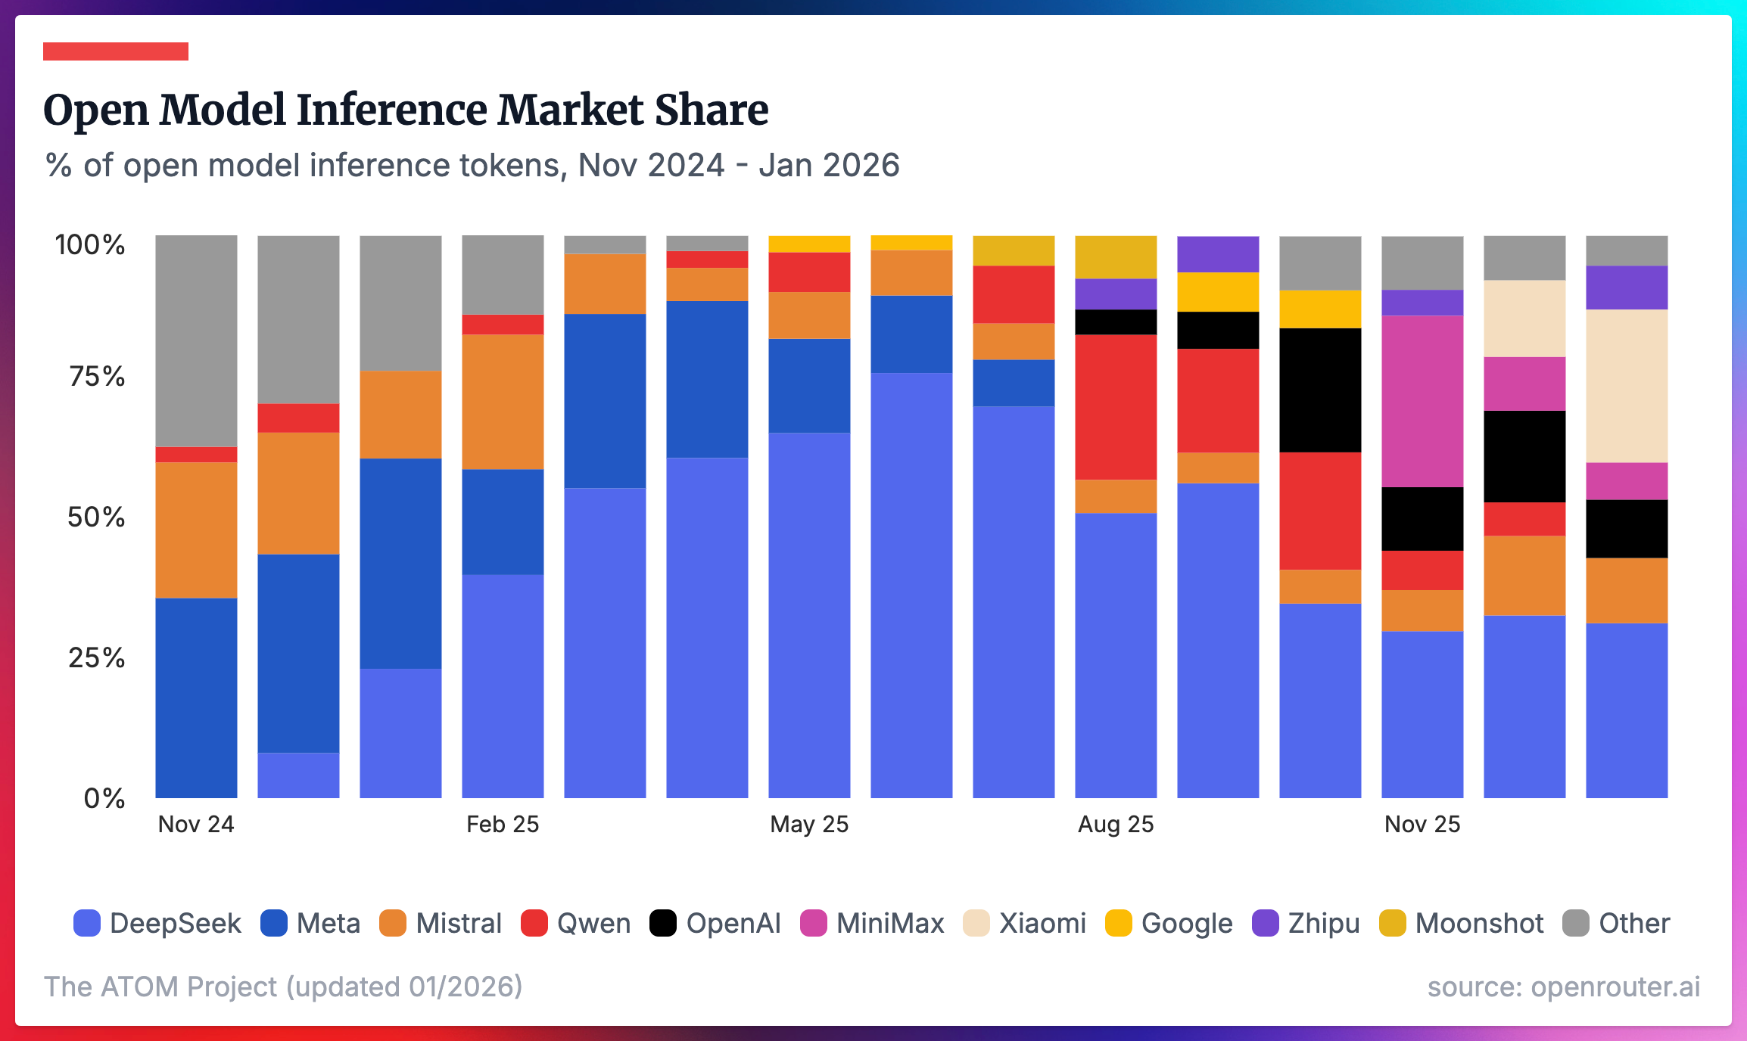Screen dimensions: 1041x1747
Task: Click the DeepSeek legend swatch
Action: point(87,923)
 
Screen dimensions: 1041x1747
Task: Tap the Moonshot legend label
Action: point(1478,923)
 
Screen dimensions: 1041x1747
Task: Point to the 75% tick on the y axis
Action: point(97,376)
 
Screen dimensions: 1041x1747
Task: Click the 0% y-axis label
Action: point(104,798)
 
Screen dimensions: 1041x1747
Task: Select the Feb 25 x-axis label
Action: point(503,824)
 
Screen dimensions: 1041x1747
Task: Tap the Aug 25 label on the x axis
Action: point(1116,824)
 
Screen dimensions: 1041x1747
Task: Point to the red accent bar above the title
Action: point(116,51)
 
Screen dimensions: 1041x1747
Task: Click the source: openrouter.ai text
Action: point(1564,987)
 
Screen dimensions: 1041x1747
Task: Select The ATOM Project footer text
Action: point(283,987)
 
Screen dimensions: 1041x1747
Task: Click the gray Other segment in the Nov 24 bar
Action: point(196,340)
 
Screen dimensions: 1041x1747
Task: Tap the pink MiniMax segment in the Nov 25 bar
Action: point(1422,401)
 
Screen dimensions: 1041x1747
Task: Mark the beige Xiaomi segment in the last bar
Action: point(1627,386)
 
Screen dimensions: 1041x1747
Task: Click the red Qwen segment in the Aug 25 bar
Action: point(1116,407)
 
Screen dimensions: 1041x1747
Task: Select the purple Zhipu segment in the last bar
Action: point(1627,287)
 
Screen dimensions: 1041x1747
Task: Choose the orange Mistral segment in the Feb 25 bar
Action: point(503,402)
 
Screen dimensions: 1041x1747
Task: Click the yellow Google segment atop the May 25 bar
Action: point(809,244)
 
